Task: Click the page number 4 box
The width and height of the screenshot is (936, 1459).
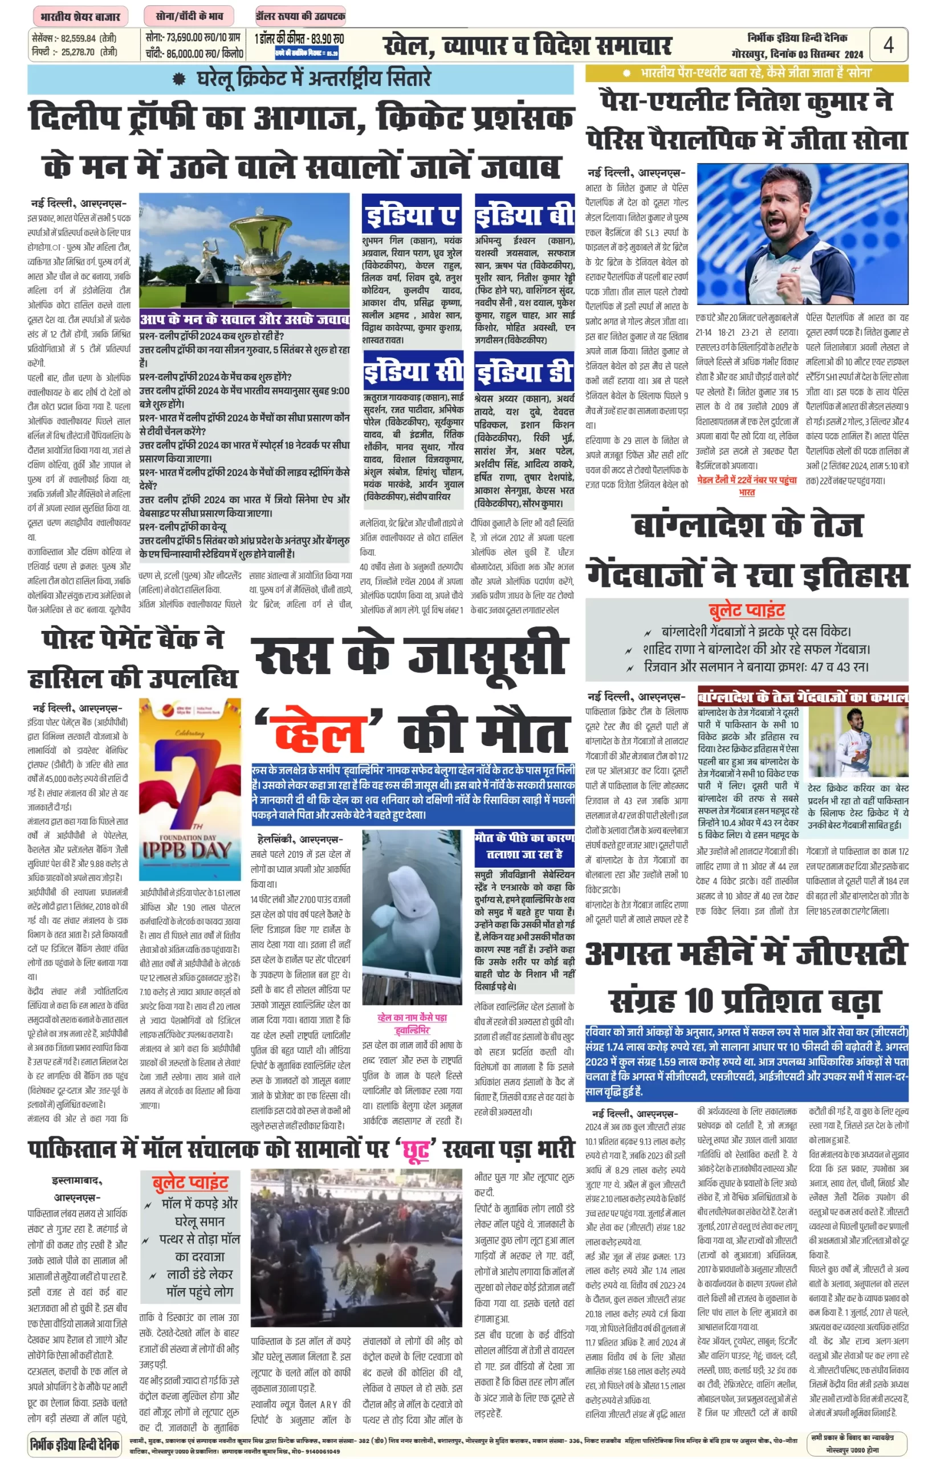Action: click(888, 45)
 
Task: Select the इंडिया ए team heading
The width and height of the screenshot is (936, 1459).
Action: click(411, 215)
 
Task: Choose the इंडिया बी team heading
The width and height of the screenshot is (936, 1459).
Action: click(524, 215)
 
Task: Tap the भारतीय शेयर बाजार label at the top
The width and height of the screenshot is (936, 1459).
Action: click(80, 17)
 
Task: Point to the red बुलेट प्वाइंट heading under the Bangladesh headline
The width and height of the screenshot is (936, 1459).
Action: click(746, 610)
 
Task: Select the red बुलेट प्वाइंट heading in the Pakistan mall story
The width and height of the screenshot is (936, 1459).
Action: click(190, 1181)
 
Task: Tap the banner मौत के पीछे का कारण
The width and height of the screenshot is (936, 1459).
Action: click(524, 845)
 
